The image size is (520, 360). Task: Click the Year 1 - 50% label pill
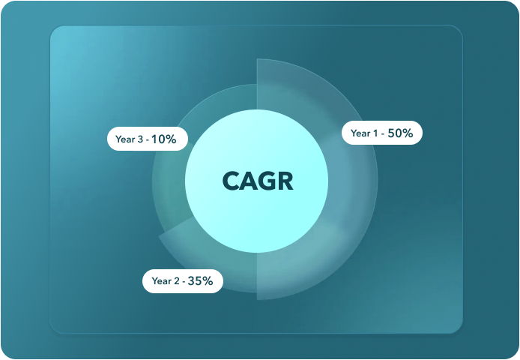(x=382, y=133)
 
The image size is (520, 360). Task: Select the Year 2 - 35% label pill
(x=183, y=281)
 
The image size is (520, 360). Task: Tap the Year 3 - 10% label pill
(x=148, y=139)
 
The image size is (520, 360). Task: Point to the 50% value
(x=400, y=133)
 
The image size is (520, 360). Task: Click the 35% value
(x=200, y=281)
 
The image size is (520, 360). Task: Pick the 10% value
(x=164, y=139)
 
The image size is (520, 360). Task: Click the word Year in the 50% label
(x=360, y=133)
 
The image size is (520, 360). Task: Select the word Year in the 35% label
(x=161, y=281)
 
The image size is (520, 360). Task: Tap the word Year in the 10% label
(x=124, y=139)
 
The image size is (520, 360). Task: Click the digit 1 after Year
(x=375, y=133)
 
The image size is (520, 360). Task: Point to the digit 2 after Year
(x=176, y=281)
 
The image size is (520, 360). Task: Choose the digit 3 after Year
(x=140, y=139)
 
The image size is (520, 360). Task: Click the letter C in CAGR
(x=231, y=181)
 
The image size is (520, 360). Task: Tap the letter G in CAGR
(x=266, y=181)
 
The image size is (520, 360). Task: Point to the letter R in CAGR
(x=285, y=181)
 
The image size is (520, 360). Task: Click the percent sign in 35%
(x=208, y=281)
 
